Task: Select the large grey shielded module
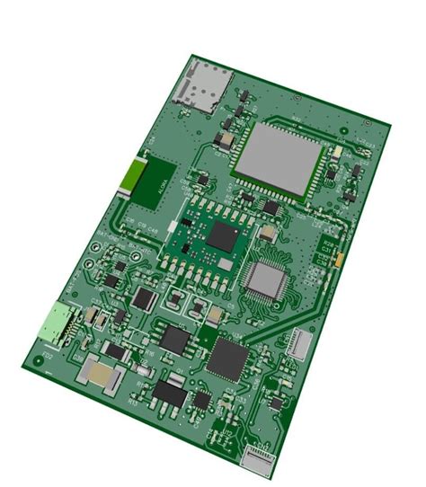click(x=276, y=160)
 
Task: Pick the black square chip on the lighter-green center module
click(x=222, y=237)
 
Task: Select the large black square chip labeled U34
click(x=228, y=359)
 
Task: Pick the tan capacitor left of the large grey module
click(x=225, y=140)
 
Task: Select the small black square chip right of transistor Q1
click(x=203, y=399)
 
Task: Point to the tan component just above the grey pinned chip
click(x=266, y=234)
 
